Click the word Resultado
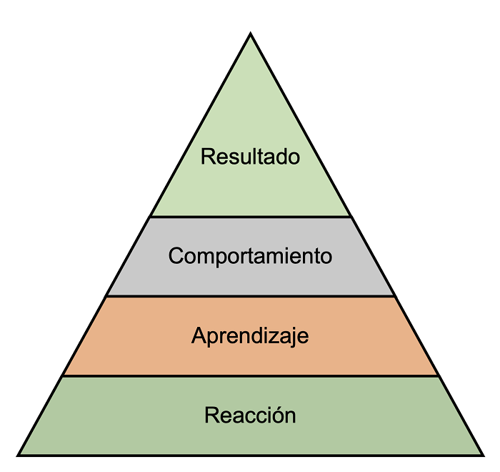(250, 157)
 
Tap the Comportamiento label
(250, 256)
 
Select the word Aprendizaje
(250, 335)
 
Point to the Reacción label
(250, 415)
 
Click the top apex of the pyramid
(251, 34)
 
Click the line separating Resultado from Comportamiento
(250, 216)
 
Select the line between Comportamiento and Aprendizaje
(250, 296)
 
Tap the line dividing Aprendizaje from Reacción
(250, 375)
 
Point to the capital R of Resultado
(207, 157)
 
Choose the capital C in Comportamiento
(176, 256)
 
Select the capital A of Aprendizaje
(198, 335)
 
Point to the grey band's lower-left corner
(107, 295)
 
